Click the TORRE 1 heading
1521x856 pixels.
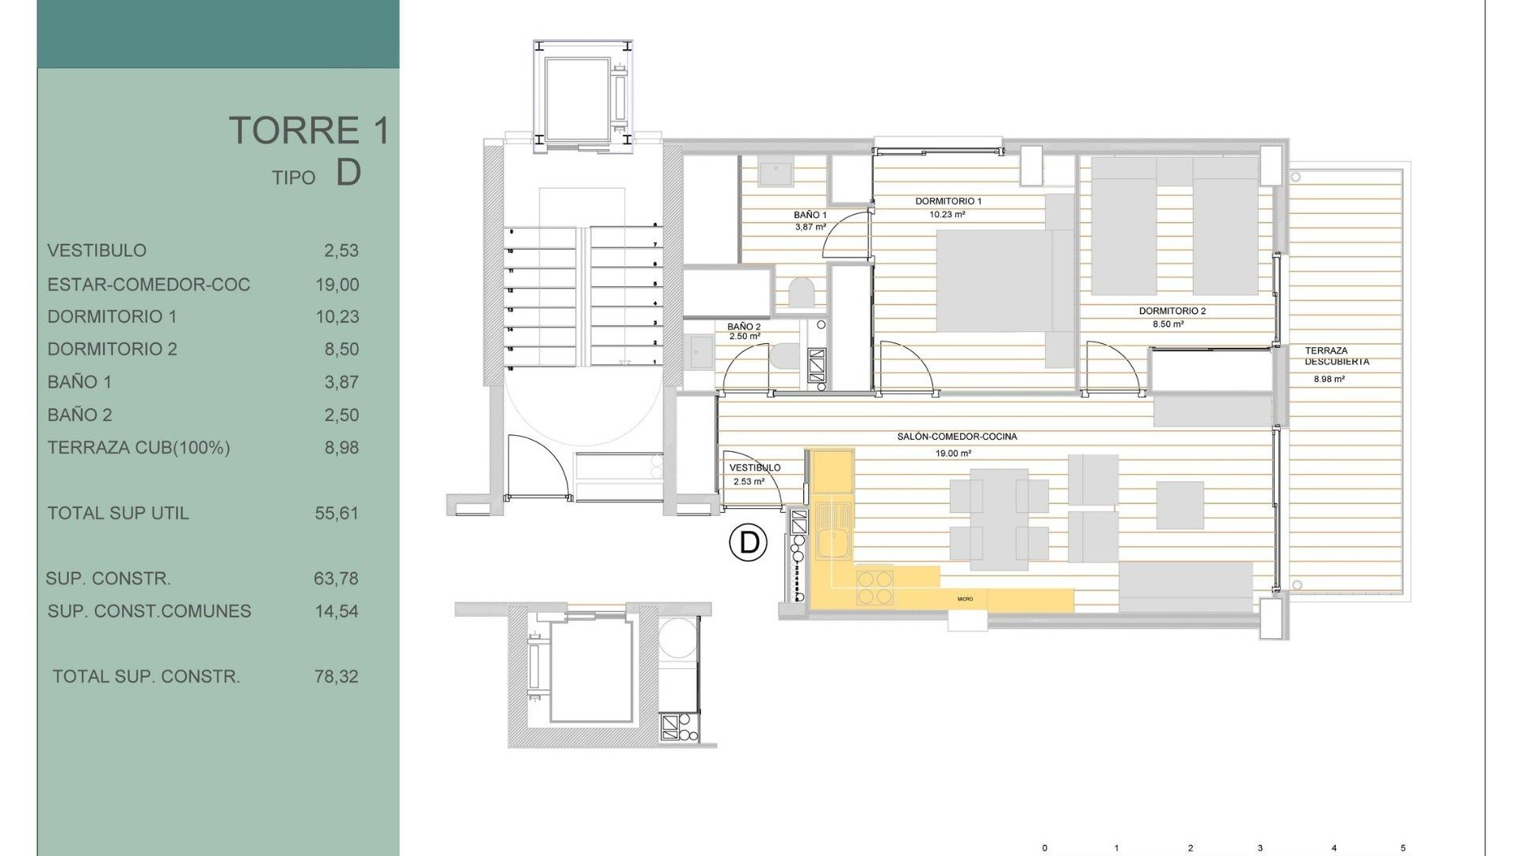pyautogui.click(x=310, y=131)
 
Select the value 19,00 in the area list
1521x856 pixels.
pyautogui.click(x=337, y=285)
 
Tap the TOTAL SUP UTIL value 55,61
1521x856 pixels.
pyautogui.click(x=337, y=514)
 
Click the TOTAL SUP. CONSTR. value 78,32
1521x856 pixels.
pyautogui.click(x=337, y=677)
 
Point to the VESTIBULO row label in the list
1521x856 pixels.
pyautogui.click(x=97, y=250)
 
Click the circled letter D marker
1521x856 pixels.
pyautogui.click(x=748, y=543)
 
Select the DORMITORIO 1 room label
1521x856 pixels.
pyautogui.click(x=948, y=201)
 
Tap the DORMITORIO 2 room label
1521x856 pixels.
pyautogui.click(x=1172, y=311)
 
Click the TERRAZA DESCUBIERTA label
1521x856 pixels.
pyautogui.click(x=1336, y=356)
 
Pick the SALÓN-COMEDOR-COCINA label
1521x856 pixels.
pyautogui.click(x=956, y=437)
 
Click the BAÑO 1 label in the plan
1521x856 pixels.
pyautogui.click(x=810, y=215)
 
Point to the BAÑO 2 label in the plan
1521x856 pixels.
pyautogui.click(x=743, y=327)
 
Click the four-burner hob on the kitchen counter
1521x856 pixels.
pyautogui.click(x=875, y=588)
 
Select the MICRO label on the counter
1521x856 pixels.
pyautogui.click(x=964, y=599)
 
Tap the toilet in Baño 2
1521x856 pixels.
pyautogui.click(x=785, y=356)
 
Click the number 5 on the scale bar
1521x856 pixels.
pyautogui.click(x=1403, y=848)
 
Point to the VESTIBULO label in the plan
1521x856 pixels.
pyautogui.click(x=754, y=468)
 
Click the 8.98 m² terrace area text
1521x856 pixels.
pyautogui.click(x=1328, y=380)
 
